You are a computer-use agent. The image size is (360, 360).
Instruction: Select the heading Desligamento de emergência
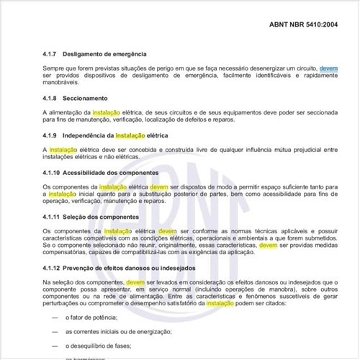[104, 54]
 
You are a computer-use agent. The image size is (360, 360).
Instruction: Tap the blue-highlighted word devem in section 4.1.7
[328, 68]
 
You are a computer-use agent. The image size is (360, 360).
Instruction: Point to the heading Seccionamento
[86, 98]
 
